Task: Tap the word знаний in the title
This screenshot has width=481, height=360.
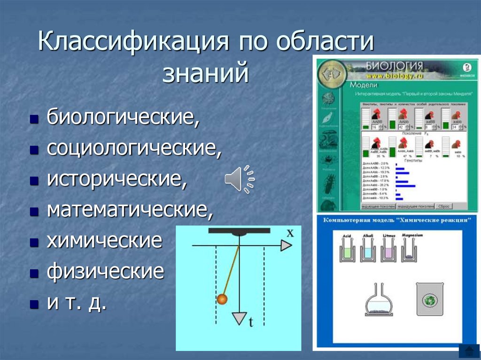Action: pyautogui.click(x=205, y=74)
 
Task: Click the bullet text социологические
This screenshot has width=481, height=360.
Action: pyautogui.click(x=134, y=149)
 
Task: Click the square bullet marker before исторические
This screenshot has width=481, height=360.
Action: pyautogui.click(x=33, y=182)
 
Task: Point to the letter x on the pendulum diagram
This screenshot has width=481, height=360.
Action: pyautogui.click(x=290, y=232)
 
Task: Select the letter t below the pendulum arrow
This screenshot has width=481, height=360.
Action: pyautogui.click(x=251, y=322)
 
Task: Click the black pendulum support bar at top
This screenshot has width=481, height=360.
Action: pyautogui.click(x=239, y=230)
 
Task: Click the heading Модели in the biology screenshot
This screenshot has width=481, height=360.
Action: pyautogui.click(x=364, y=85)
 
